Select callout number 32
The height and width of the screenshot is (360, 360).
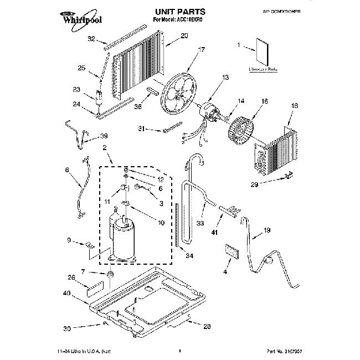91,39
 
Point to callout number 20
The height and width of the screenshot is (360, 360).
184,36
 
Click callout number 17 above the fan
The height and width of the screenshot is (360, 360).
202,49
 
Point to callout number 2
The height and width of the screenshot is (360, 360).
104,147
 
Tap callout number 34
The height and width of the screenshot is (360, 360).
189,255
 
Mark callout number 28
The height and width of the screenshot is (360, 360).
207,326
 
